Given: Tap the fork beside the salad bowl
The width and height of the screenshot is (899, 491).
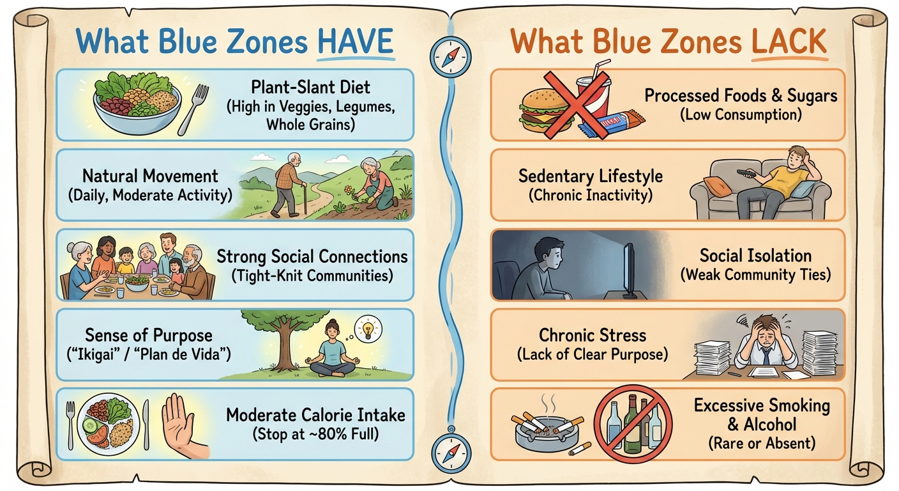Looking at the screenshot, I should (x=193, y=109).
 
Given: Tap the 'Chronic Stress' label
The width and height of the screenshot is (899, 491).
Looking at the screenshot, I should (x=593, y=335).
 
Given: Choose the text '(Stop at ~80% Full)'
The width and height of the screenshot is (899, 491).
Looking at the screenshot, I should (x=315, y=434).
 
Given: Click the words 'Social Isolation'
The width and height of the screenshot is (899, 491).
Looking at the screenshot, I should (x=755, y=256).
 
